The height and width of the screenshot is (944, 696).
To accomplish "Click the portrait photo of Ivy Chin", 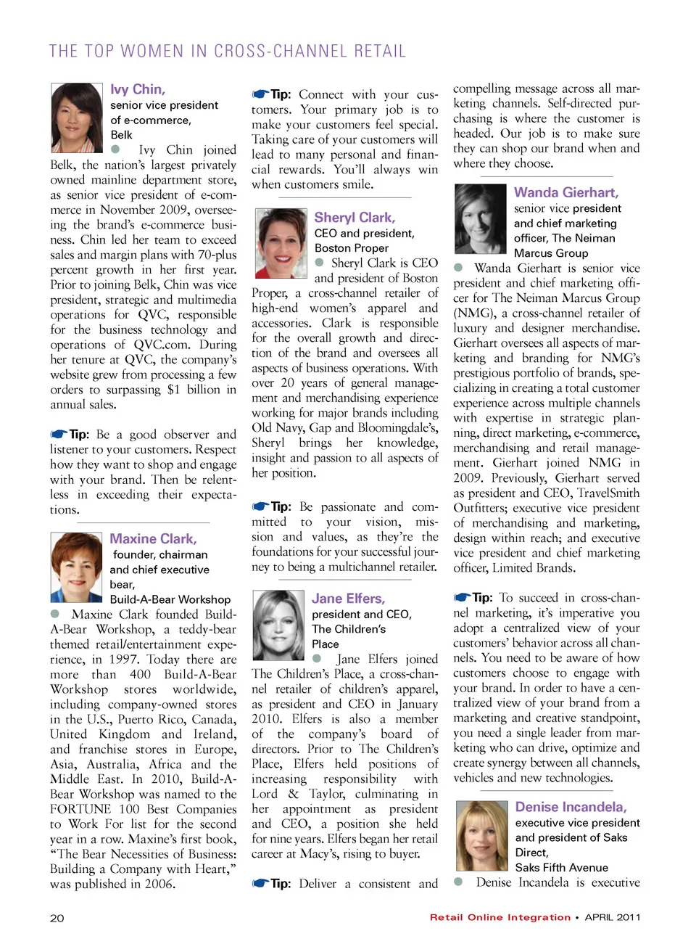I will click(x=76, y=118).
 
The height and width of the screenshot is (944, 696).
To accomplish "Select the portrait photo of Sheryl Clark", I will click(x=281, y=243).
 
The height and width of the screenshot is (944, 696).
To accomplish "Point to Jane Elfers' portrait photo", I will click(x=278, y=625).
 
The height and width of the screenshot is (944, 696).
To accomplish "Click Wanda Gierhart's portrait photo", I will click(x=480, y=218).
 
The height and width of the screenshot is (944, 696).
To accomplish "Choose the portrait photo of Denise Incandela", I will click(x=481, y=835).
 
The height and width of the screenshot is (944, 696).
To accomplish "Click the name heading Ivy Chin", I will click(x=138, y=89).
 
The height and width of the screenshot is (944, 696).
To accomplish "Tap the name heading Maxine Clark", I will click(x=153, y=539).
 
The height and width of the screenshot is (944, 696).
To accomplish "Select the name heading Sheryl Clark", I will click(x=355, y=218).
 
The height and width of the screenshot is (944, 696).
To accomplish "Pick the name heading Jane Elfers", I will click(x=348, y=599).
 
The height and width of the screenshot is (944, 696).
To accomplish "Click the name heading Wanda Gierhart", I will click(x=566, y=192).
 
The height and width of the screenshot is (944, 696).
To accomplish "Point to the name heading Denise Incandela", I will click(x=571, y=807).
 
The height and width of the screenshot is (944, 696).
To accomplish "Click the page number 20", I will click(x=57, y=918).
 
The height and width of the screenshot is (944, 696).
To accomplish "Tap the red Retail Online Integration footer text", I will click(x=500, y=917).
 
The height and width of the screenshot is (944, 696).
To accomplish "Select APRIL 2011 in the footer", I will click(x=613, y=917).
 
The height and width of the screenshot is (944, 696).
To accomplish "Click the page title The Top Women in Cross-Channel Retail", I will click(x=227, y=52).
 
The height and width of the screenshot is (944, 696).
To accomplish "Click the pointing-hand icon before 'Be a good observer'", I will click(x=59, y=434).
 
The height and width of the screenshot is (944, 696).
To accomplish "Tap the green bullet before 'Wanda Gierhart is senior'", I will click(x=458, y=268).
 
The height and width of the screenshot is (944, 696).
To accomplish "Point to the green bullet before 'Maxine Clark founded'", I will click(x=54, y=614).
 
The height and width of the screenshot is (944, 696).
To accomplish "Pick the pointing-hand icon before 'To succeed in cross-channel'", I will click(x=462, y=598).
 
